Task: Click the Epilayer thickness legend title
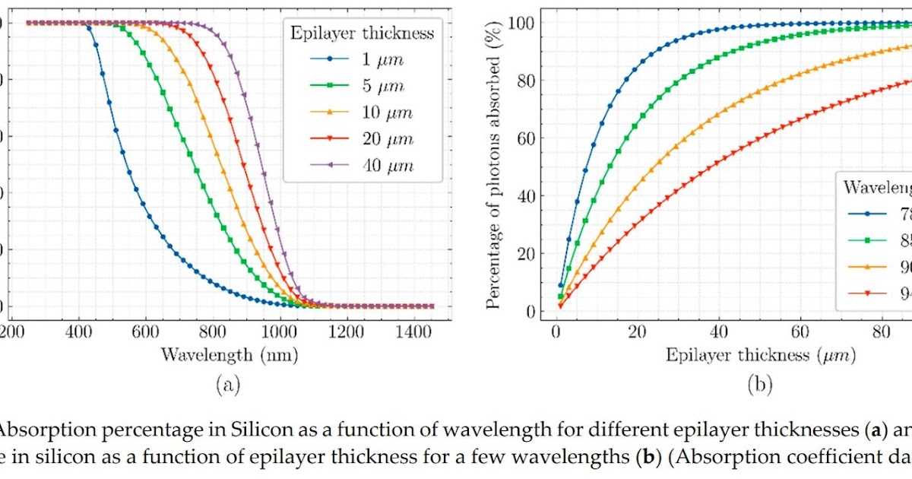point(363,33)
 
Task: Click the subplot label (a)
point(228,385)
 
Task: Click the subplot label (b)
point(760,385)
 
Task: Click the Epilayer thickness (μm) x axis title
point(760,355)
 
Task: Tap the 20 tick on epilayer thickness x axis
point(638,332)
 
